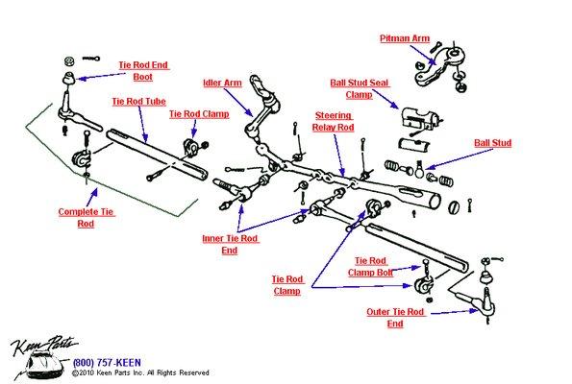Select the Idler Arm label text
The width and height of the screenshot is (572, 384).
tap(223, 83)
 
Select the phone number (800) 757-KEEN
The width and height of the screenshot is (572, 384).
tap(108, 363)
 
